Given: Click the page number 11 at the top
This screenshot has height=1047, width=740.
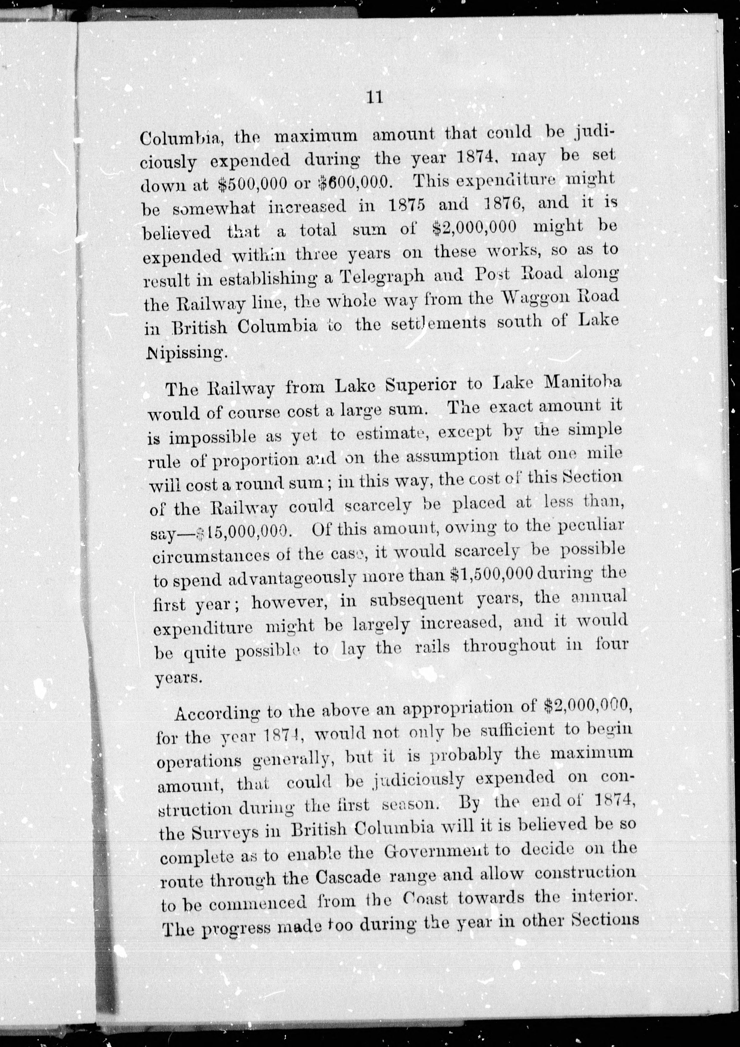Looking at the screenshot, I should point(374,98).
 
